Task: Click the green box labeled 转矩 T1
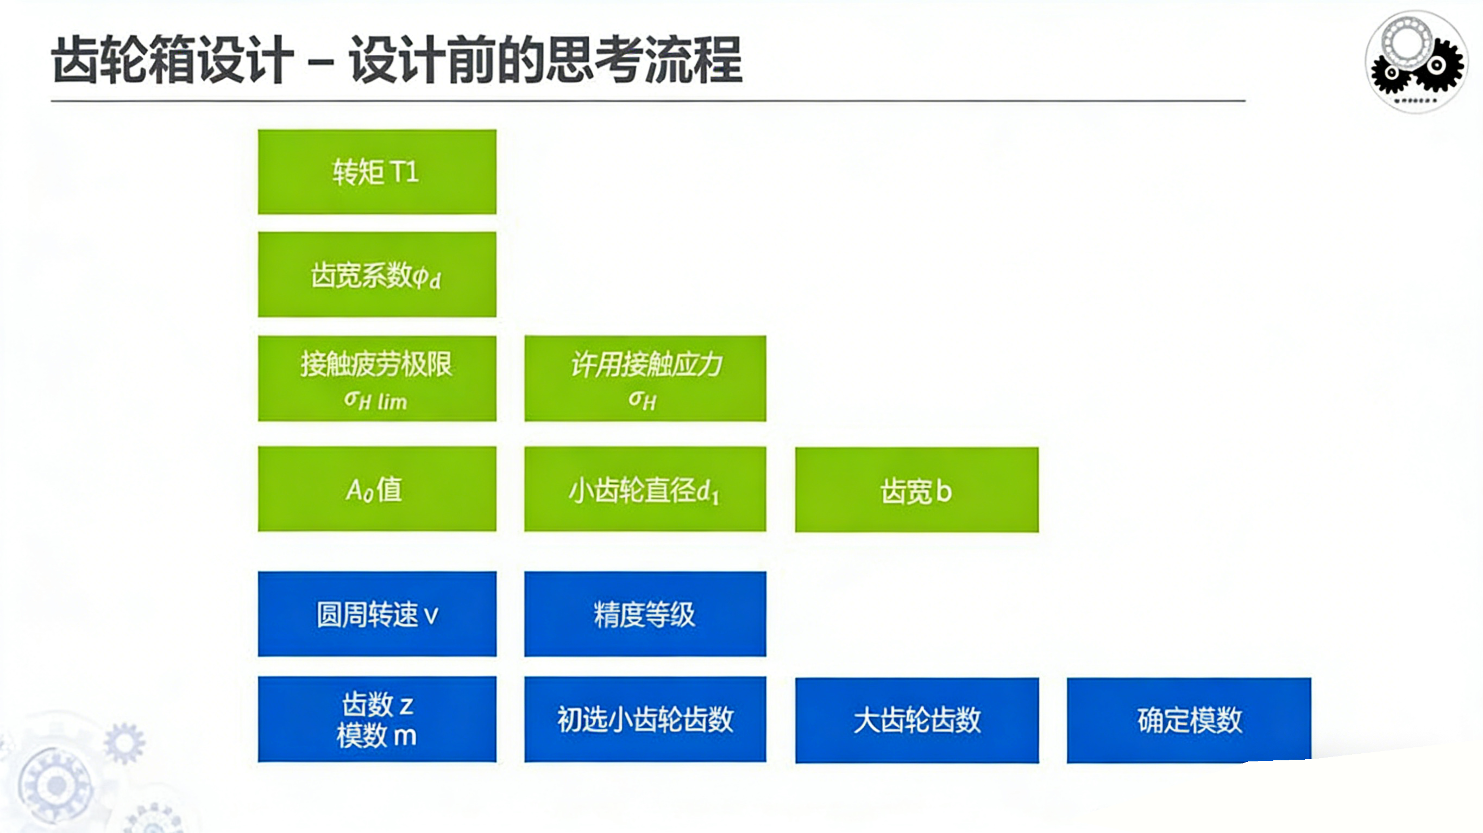coord(377,172)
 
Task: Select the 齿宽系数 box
coord(377,275)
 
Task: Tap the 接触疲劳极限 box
coord(377,378)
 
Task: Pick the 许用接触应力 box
coord(645,378)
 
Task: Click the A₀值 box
coord(377,489)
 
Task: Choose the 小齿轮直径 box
coord(645,489)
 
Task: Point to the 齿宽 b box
coord(916,489)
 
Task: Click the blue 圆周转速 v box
coord(377,614)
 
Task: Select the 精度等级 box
coord(645,614)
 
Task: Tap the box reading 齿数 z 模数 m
coord(377,719)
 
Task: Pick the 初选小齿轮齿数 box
coord(645,719)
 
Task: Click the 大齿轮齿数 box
coord(916,720)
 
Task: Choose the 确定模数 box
coord(1189,720)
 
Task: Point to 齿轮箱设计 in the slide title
coord(173,60)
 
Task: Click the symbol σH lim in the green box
coord(375,400)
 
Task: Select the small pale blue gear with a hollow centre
coord(124,743)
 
